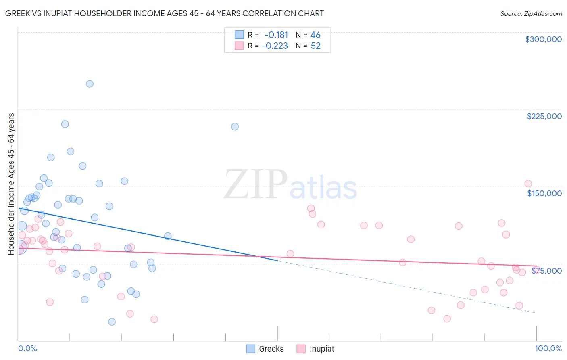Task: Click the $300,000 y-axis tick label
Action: click(x=543, y=39)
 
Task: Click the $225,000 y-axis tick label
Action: click(x=544, y=116)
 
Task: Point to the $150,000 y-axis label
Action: click(x=544, y=193)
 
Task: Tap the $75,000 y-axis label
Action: click(x=546, y=271)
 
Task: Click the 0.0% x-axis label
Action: click(x=27, y=348)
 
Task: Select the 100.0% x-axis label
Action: click(x=548, y=348)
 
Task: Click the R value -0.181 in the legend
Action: click(x=276, y=35)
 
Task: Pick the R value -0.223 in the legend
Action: click(x=275, y=46)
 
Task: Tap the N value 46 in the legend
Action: click(x=315, y=35)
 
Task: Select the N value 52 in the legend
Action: click(x=315, y=46)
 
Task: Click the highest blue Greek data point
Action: click(x=90, y=84)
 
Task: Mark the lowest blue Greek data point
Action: click(x=112, y=322)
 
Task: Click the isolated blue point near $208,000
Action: click(x=235, y=127)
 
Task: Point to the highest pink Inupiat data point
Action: click(x=528, y=184)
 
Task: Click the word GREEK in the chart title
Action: click(x=17, y=14)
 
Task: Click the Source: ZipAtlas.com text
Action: click(x=531, y=14)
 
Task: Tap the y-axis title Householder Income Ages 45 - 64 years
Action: click(x=11, y=184)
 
